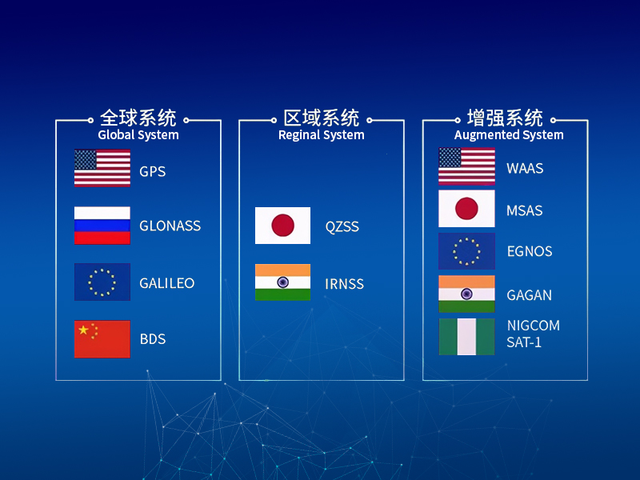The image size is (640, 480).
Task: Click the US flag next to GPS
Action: [102, 168]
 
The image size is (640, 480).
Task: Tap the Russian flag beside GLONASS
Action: [102, 226]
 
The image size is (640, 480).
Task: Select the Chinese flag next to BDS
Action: [102, 339]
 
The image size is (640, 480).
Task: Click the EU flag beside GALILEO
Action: [102, 282]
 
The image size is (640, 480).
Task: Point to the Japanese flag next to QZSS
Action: [283, 226]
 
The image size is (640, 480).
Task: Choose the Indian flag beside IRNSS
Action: [283, 282]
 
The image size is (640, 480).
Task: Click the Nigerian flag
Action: [466, 337]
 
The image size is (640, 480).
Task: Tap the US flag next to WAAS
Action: [466, 166]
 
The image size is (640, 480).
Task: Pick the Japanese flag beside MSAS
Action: [466, 209]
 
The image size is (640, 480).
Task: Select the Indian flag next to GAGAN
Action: [466, 294]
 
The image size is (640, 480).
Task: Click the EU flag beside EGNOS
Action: [466, 251]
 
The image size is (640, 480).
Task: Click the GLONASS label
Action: [170, 226]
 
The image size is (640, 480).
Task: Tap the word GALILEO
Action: [167, 283]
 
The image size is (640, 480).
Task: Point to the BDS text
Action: [153, 339]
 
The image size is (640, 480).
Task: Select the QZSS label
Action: [342, 226]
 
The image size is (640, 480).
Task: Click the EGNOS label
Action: [530, 251]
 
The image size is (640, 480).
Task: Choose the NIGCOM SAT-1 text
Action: [533, 334]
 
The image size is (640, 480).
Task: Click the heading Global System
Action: [138, 135]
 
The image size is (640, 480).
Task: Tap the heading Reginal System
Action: [322, 135]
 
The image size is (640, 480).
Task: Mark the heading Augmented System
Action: [509, 135]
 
